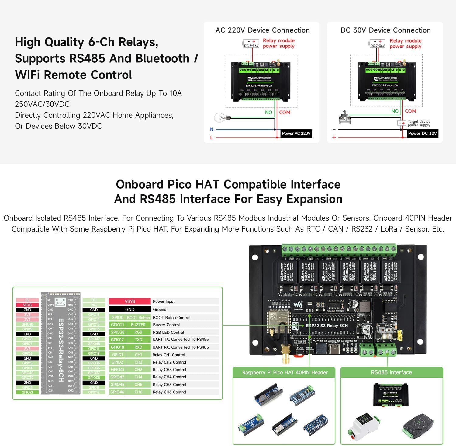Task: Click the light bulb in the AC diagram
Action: tap(221, 117)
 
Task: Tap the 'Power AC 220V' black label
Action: tap(296, 133)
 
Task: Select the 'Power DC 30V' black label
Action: tap(422, 133)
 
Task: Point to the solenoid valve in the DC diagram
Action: tap(345, 117)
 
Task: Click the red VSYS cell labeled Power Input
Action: tap(130, 301)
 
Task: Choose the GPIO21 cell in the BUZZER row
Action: tap(117, 325)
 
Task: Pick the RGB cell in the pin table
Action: tap(138, 332)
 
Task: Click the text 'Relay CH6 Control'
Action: tap(169, 392)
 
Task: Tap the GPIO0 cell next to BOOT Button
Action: tap(117, 317)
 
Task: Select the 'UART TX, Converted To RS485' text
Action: tap(181, 340)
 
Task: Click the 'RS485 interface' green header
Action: tap(391, 372)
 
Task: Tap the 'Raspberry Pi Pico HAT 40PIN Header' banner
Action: tap(285, 372)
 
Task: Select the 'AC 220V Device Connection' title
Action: tap(262, 30)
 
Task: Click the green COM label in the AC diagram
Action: tap(285, 113)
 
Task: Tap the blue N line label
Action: tap(212, 130)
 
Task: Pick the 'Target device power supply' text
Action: tap(419, 123)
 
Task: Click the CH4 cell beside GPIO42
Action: tap(138, 377)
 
